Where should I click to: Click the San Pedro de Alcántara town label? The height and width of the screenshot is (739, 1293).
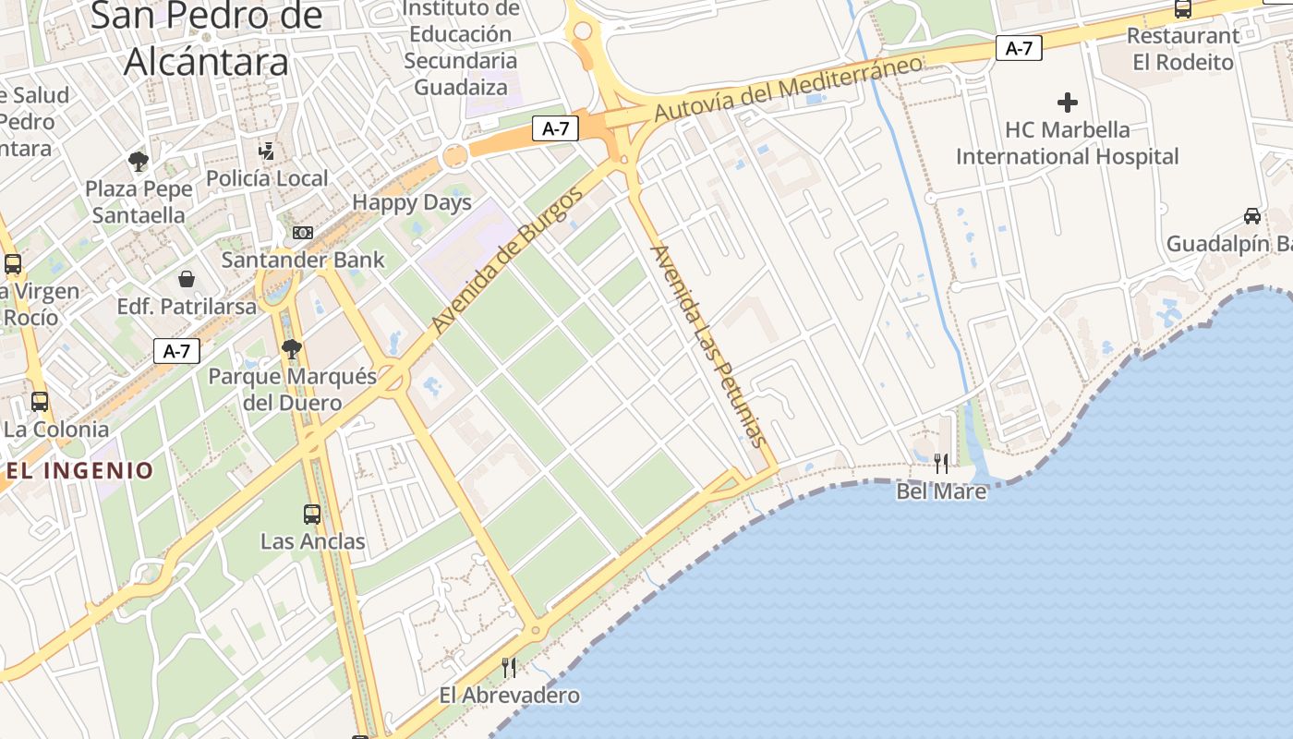pyautogui.click(x=207, y=39)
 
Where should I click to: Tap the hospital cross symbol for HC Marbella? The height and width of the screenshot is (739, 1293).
pyautogui.click(x=1068, y=102)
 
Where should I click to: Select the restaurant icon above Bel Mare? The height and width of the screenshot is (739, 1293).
pyautogui.click(x=940, y=463)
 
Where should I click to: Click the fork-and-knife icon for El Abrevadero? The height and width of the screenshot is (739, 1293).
pyautogui.click(x=508, y=667)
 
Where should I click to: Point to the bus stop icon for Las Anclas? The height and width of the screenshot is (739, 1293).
pyautogui.click(x=312, y=514)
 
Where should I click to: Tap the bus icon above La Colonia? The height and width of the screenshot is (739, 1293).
pyautogui.click(x=39, y=402)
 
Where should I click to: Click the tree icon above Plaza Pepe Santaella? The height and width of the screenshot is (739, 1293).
pyautogui.click(x=139, y=162)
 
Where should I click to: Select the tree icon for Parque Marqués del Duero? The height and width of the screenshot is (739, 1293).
pyautogui.click(x=292, y=348)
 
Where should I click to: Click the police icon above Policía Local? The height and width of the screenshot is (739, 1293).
pyautogui.click(x=267, y=151)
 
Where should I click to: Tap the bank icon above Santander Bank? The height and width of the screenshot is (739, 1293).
pyautogui.click(x=302, y=232)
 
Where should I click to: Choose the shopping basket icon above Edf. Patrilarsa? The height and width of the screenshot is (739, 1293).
pyautogui.click(x=187, y=278)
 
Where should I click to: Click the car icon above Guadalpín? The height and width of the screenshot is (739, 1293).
pyautogui.click(x=1252, y=216)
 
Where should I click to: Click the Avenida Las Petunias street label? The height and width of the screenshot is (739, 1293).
pyautogui.click(x=709, y=345)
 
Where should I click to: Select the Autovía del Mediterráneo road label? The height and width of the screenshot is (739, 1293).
pyautogui.click(x=789, y=88)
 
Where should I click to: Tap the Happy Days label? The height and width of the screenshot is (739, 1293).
pyautogui.click(x=412, y=202)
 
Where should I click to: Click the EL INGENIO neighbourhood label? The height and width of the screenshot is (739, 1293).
pyautogui.click(x=80, y=470)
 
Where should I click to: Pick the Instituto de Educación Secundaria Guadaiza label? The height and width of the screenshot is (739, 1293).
pyautogui.click(x=461, y=48)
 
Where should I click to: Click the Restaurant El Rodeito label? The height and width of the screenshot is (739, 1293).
pyautogui.click(x=1183, y=49)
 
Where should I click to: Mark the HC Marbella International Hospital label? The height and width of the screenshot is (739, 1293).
pyautogui.click(x=1068, y=142)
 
